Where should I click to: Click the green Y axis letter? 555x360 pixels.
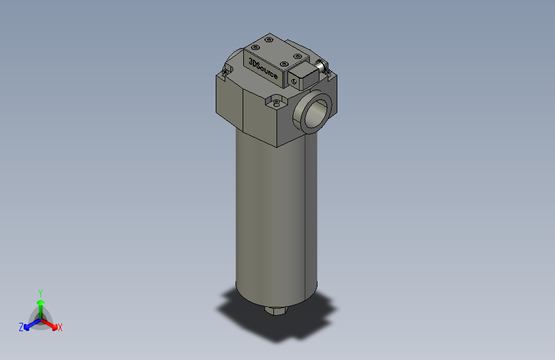click(40, 292)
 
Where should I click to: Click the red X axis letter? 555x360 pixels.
click(60, 328)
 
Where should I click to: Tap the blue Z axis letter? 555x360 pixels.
click(21, 327)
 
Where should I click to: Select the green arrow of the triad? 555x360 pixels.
click(40, 304)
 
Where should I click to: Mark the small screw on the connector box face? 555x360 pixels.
click(293, 81)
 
